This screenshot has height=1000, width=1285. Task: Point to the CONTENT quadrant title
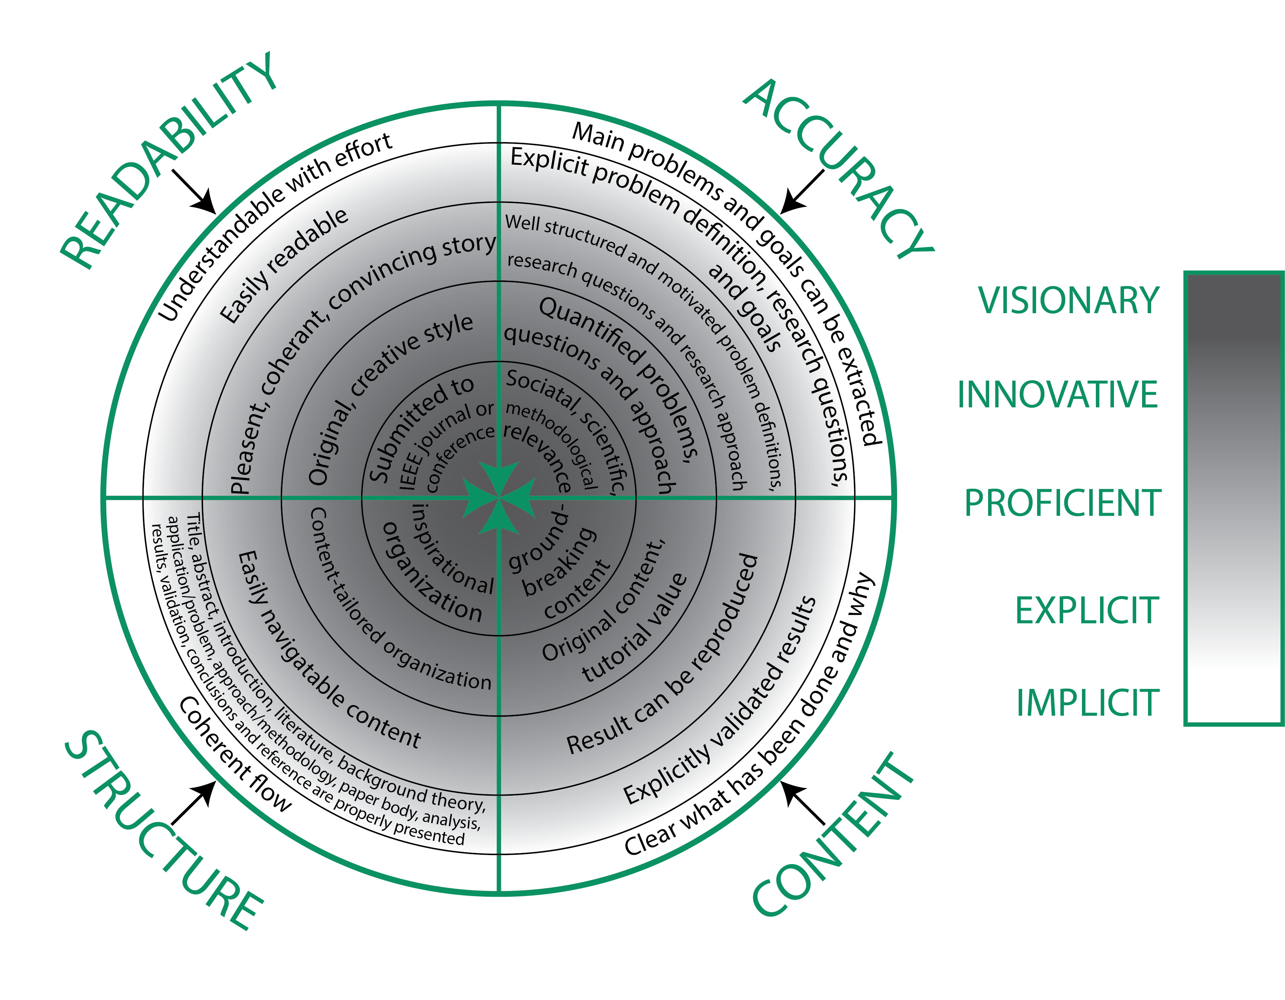click(x=833, y=835)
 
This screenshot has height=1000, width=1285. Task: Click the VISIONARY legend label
click(x=1068, y=301)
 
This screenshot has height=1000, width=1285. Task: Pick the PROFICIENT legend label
click(x=1062, y=503)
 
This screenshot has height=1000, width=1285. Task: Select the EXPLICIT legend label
click(x=1087, y=611)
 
